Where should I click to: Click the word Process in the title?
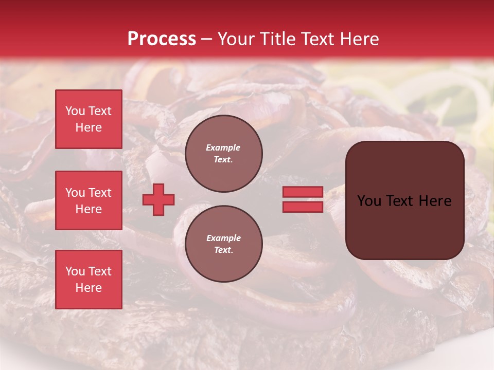(x=162, y=39)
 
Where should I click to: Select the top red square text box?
(x=89, y=119)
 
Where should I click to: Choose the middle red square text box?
(x=89, y=200)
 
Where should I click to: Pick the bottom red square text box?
(x=89, y=280)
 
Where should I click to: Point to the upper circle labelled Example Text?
(x=224, y=154)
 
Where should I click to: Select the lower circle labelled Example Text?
(x=224, y=244)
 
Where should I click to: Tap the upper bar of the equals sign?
(x=303, y=192)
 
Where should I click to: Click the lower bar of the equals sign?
(x=303, y=207)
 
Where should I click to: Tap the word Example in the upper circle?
(x=223, y=147)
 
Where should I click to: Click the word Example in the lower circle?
(x=223, y=238)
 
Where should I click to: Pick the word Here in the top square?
(x=89, y=127)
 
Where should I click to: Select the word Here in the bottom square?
(x=89, y=288)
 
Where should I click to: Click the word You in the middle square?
(x=75, y=193)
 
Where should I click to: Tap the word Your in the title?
(x=236, y=39)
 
